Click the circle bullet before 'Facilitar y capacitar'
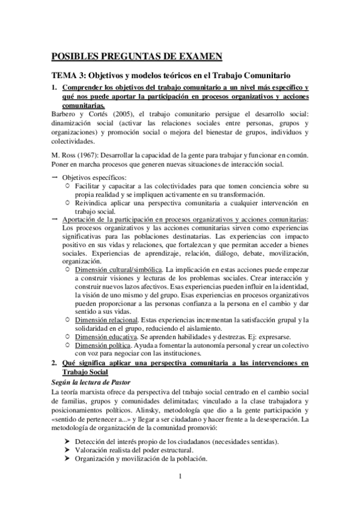[67, 186]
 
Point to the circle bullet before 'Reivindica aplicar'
[67, 203]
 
